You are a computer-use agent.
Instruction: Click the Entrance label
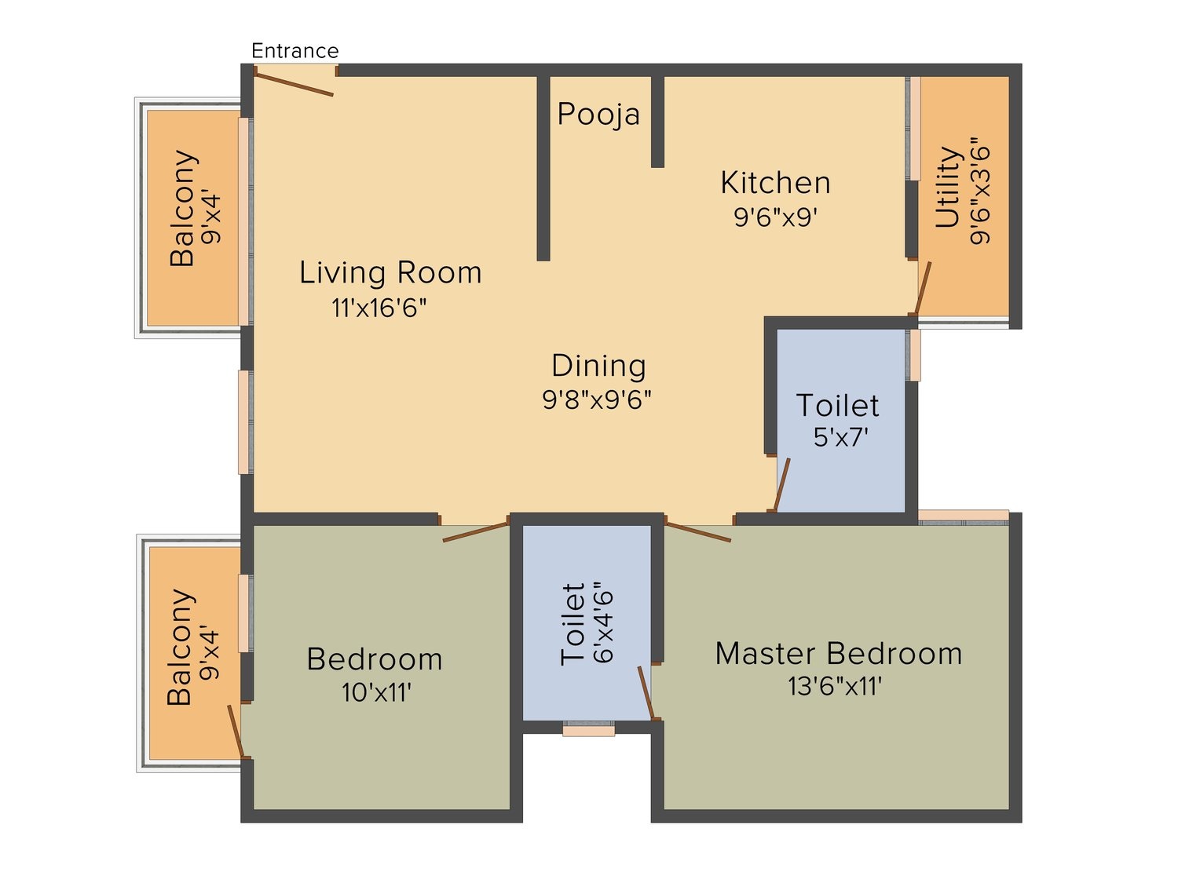(294, 51)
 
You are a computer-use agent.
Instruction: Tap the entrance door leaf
(294, 84)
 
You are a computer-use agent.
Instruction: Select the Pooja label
(598, 114)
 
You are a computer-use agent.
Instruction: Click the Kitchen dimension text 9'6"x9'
(775, 217)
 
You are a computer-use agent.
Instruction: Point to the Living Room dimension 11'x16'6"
(379, 308)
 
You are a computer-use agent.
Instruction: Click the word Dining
(599, 366)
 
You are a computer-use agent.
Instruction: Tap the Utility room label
(949, 187)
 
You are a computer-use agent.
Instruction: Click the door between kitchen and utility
(922, 288)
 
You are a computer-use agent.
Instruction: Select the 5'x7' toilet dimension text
(840, 437)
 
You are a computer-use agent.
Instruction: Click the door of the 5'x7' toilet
(781, 484)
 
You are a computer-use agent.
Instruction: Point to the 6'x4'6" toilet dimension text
(604, 622)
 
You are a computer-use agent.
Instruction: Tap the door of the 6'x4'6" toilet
(646, 693)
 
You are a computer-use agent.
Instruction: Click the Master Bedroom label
(839, 654)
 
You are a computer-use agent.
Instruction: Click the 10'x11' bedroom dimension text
(377, 692)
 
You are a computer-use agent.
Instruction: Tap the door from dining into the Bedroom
(475, 532)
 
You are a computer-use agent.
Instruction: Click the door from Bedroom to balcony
(236, 732)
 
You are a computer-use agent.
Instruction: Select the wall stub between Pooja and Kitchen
(657, 122)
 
